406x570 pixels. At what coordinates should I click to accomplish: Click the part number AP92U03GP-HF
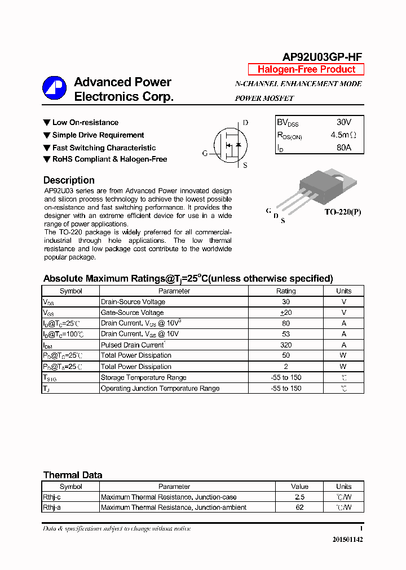pos(322,57)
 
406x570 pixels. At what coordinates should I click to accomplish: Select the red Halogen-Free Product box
pos(306,69)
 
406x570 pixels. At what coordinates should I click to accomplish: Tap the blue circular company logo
pos(55,88)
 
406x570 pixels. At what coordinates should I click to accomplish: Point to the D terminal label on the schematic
pos(245,123)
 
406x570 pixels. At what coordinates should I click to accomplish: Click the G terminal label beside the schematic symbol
pos(205,153)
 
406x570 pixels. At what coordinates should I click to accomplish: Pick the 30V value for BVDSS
pos(343,122)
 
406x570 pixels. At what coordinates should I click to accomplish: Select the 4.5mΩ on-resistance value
pos(343,135)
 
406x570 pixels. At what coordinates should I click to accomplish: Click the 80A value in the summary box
pos(343,148)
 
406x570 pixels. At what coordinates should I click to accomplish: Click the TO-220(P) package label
pos(342,212)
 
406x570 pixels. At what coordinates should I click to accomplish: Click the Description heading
pos(69,180)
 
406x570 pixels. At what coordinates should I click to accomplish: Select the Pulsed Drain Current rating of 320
pos(285,345)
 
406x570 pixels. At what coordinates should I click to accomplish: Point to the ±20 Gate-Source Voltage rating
pos(285,313)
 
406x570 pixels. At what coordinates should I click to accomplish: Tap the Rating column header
pos(285,291)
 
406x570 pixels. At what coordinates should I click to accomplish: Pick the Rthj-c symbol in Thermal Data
pos(53,497)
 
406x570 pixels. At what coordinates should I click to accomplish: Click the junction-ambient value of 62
pos(299,507)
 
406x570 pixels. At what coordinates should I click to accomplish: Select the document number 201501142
pos(347,540)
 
